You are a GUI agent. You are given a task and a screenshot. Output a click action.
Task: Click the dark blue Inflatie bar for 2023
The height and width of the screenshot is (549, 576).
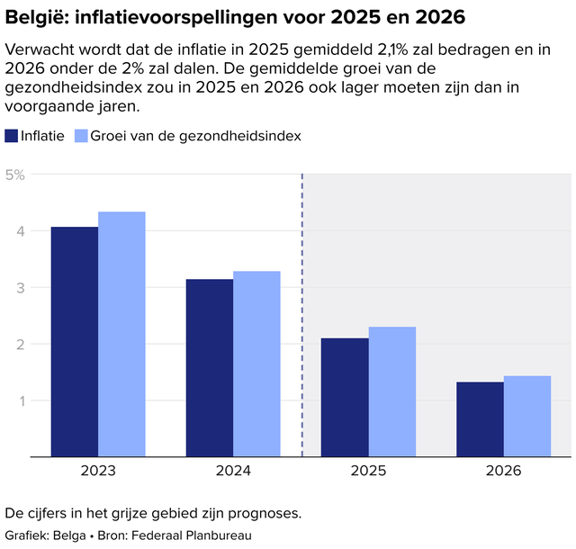tap(75, 342)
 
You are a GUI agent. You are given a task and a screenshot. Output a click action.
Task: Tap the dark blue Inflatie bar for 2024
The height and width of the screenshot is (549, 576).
tap(210, 368)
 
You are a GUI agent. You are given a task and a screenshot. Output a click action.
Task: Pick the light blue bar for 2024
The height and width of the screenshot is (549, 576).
tap(256, 364)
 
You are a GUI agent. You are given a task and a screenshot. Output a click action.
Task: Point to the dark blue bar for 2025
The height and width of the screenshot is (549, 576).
tap(345, 398)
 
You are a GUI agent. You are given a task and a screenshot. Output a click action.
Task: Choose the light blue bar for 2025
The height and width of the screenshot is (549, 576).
tap(391, 392)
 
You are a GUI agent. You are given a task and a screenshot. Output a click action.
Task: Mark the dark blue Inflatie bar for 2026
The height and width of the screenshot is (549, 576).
tap(480, 419)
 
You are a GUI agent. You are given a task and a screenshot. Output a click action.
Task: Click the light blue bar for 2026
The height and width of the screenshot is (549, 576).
tap(526, 417)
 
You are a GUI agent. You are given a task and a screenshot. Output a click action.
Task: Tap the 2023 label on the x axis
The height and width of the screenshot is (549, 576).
tap(98, 471)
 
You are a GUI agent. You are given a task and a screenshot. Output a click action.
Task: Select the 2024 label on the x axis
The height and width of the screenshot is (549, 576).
tap(233, 471)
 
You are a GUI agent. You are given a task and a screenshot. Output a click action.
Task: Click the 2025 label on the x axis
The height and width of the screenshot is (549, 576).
tap(368, 471)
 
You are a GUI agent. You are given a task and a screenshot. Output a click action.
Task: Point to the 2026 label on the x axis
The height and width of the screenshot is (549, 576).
tap(503, 471)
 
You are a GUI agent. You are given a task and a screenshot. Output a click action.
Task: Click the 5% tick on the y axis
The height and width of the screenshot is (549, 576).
tap(15, 175)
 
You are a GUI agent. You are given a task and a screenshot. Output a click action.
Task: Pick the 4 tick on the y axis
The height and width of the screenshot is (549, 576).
tap(20, 231)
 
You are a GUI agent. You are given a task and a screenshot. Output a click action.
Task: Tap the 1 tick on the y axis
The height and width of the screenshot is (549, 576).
tap(20, 400)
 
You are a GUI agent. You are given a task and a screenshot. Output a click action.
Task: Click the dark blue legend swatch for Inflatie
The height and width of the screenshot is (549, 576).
tap(12, 136)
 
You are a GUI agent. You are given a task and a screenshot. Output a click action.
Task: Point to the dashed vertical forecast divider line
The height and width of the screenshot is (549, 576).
tap(301, 315)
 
